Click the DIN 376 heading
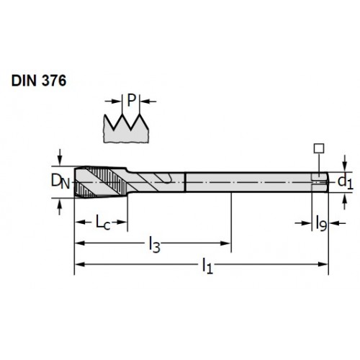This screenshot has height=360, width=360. (x=39, y=81)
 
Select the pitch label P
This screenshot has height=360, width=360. (x=131, y=100)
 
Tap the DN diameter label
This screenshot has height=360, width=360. (x=60, y=181)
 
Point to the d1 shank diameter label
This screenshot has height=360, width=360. (x=345, y=182)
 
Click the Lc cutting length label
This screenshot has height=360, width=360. (x=103, y=222)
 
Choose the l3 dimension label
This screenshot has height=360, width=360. (x=154, y=244)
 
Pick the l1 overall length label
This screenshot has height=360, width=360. (x=207, y=266)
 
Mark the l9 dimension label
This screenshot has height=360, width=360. (x=321, y=223)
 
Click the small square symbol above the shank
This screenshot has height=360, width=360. (x=319, y=148)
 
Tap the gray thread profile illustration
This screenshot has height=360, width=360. (x=126, y=129)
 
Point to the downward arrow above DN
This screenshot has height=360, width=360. (x=60, y=157)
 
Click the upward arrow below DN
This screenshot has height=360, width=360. (x=60, y=207)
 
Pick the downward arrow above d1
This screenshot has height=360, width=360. (x=345, y=163)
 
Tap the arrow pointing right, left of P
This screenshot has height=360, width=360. (x=114, y=102)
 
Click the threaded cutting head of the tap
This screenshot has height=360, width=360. (x=101, y=182)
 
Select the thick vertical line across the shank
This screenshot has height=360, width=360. (x=185, y=182)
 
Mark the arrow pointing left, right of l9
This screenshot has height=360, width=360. (x=337, y=223)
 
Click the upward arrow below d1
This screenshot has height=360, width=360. (x=345, y=202)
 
